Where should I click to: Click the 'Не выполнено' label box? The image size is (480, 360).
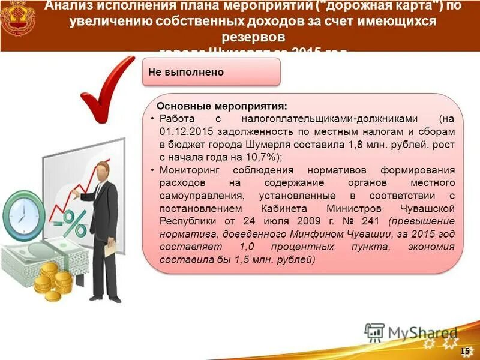(x=211, y=73)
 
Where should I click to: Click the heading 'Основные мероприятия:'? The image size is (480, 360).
(x=222, y=106)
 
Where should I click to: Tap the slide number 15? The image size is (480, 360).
(x=465, y=350)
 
